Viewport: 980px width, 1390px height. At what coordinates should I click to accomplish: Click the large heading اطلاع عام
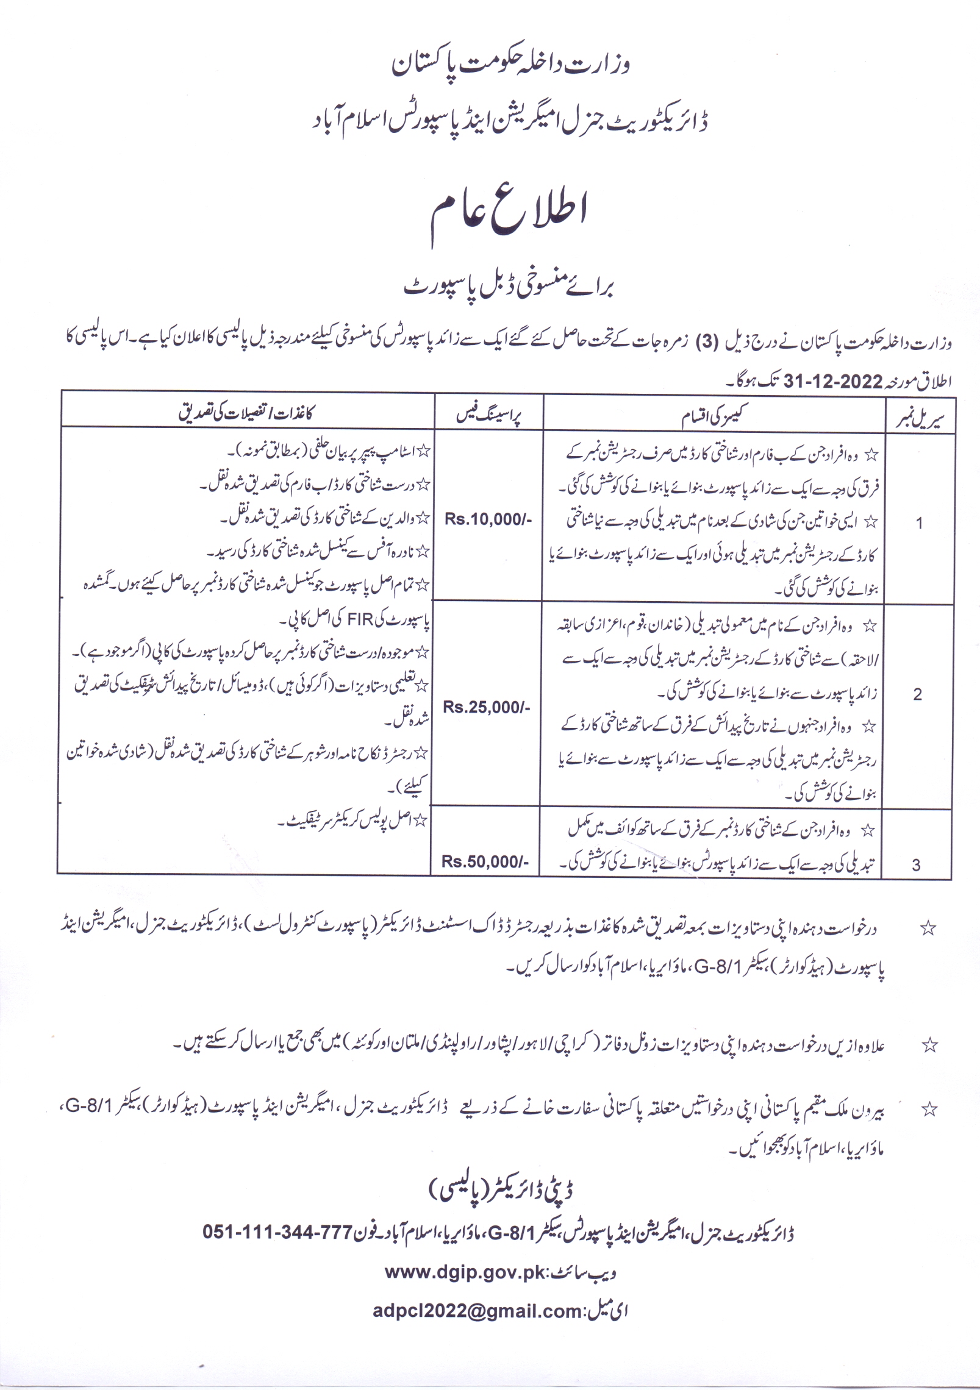click(x=509, y=217)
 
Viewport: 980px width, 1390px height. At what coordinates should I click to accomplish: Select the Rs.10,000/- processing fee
click(x=488, y=519)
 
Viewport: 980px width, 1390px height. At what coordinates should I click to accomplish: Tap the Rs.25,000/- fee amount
click(x=486, y=707)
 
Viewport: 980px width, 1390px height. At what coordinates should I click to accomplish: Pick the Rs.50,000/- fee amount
click(x=485, y=861)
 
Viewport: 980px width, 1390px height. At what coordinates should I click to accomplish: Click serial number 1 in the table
click(x=919, y=523)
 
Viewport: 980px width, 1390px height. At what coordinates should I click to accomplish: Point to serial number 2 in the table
click(x=917, y=694)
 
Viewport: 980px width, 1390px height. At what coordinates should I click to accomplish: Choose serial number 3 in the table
click(x=916, y=864)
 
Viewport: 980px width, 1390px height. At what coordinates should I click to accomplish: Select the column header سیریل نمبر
click(x=920, y=418)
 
